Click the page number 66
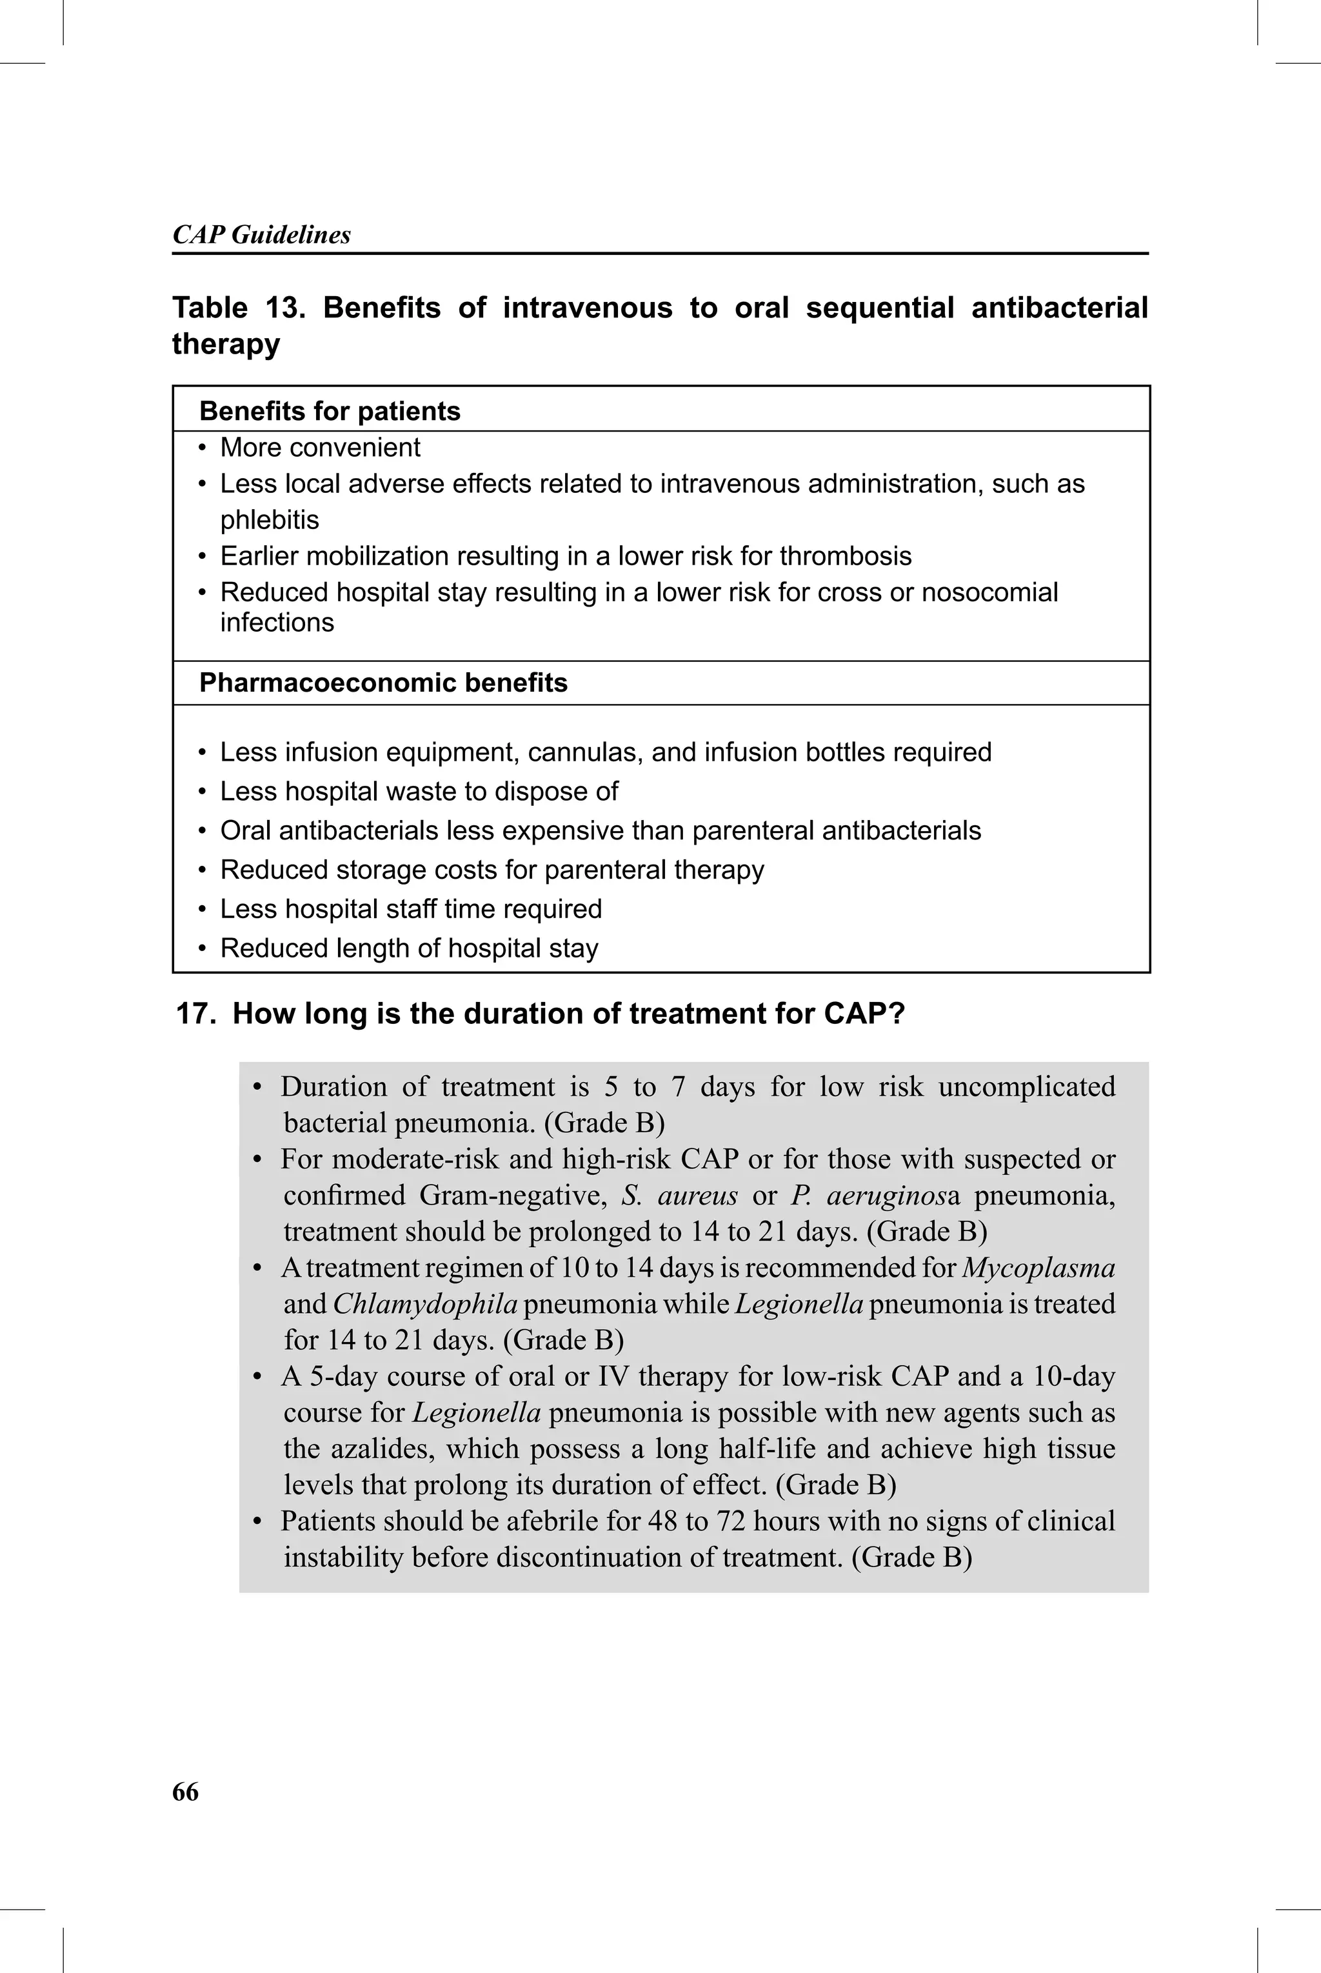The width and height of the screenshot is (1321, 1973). point(185,1792)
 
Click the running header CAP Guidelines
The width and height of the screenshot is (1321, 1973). point(261,234)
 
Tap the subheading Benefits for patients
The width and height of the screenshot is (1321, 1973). point(330,411)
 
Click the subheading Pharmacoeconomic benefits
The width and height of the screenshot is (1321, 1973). point(383,683)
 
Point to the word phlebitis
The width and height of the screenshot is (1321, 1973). point(270,520)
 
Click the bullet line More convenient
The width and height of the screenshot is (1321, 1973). point(320,447)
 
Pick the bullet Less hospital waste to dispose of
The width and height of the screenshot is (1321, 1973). point(419,791)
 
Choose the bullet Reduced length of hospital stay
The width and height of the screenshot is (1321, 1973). point(408,948)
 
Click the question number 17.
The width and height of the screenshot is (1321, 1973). point(193,1014)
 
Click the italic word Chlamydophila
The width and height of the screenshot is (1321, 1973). point(424,1304)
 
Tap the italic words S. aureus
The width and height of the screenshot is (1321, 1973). point(679,1196)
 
